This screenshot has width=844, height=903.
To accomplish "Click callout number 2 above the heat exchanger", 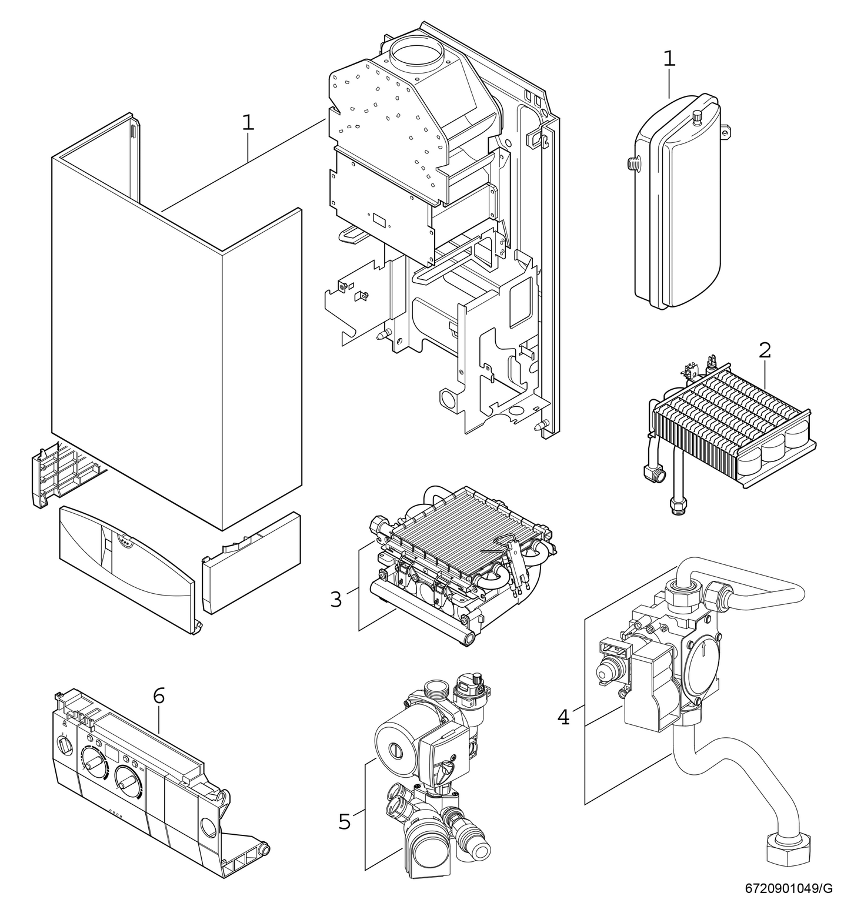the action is coord(765,350).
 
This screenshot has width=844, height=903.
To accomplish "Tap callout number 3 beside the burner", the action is coord(335,600).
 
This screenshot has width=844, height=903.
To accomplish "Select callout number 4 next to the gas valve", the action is coord(563,717).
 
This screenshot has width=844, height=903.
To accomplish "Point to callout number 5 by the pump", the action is coord(345,821).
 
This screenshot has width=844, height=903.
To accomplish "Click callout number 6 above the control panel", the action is coord(159,695).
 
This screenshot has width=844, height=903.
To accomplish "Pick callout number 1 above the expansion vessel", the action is coord(669,59).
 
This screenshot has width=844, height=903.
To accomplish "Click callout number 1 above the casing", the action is coord(248,122).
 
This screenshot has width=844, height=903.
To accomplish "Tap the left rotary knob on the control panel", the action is coord(92,762).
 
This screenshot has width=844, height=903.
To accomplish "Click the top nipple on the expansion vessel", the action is coord(698,115).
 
